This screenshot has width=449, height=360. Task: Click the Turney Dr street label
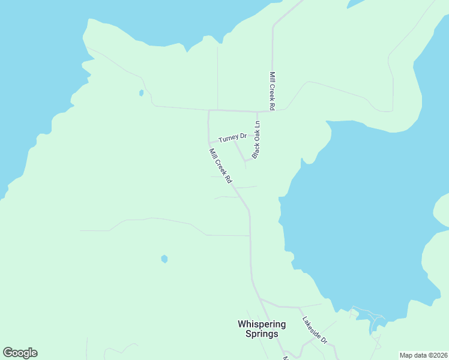click(233, 138)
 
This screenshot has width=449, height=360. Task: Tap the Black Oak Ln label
click(256, 140)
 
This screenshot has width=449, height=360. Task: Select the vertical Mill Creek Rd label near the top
click(272, 91)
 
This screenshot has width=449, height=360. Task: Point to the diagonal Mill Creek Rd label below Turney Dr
click(220, 166)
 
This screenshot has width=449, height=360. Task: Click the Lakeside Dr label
click(315, 330)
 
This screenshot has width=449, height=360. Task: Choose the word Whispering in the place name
click(262, 324)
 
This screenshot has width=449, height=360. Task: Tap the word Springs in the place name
click(262, 334)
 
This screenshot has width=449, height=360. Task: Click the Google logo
click(20, 353)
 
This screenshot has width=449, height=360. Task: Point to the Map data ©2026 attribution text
click(424, 355)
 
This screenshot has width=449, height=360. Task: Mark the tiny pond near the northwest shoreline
click(141, 93)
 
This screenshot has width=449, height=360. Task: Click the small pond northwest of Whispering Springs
click(164, 259)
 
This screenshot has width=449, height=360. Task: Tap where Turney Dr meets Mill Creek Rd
click(209, 143)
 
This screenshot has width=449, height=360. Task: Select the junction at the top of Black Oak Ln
click(258, 112)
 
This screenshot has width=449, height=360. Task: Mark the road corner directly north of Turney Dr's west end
click(209, 111)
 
